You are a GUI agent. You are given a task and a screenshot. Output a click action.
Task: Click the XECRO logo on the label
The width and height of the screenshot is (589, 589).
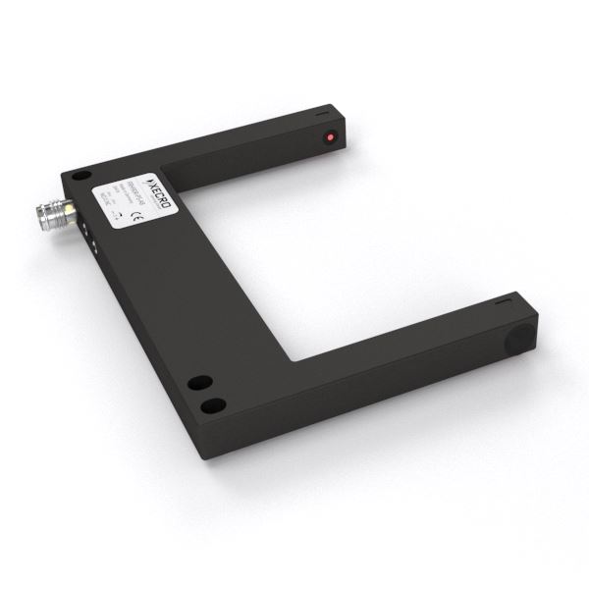click(x=160, y=179)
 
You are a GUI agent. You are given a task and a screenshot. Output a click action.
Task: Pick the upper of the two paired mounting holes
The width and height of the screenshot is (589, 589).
click(x=198, y=382)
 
